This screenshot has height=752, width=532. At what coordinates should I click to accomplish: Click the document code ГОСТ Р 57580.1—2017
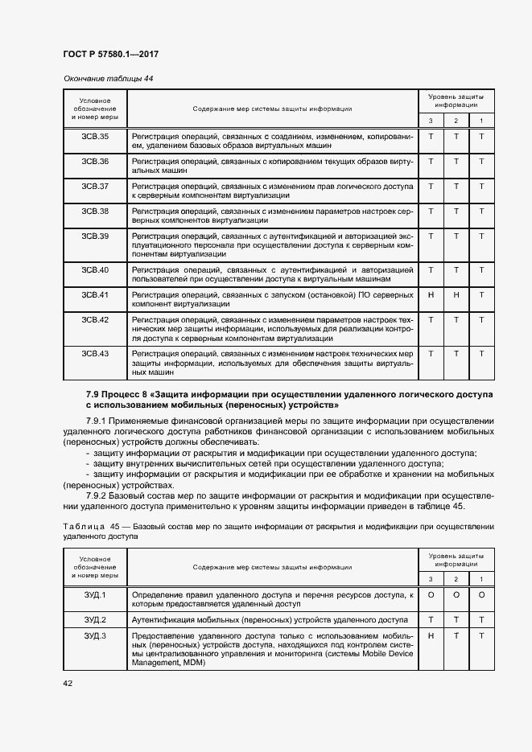click(x=110, y=54)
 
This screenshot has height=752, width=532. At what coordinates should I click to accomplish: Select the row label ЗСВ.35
click(x=95, y=137)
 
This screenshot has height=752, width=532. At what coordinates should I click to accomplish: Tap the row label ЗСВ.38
click(x=95, y=211)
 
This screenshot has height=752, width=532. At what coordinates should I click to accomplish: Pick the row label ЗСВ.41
click(x=95, y=294)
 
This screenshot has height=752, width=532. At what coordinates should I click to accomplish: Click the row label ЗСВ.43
click(x=95, y=353)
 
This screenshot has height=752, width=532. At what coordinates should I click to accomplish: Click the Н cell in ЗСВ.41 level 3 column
click(x=431, y=294)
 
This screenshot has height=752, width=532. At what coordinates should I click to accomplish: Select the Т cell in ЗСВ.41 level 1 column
click(x=481, y=294)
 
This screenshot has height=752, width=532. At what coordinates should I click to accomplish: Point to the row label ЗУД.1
click(x=95, y=594)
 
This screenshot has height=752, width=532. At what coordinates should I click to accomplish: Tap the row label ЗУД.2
click(x=95, y=619)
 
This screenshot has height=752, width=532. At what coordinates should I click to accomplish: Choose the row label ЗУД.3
click(x=95, y=636)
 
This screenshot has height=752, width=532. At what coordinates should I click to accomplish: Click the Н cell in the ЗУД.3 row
click(x=431, y=636)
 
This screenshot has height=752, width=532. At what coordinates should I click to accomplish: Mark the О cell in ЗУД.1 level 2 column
click(x=456, y=594)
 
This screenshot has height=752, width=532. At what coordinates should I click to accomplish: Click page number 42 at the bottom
click(x=68, y=683)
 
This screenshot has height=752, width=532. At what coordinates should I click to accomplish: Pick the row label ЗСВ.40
click(x=95, y=269)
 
